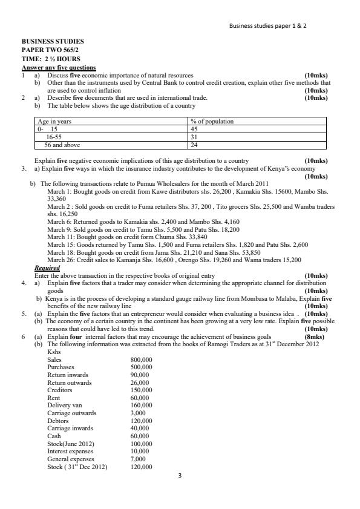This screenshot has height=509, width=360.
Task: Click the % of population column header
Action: [x=212, y=122]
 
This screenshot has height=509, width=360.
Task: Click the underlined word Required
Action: [x=47, y=268]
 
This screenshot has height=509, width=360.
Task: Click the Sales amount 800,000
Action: [x=142, y=360]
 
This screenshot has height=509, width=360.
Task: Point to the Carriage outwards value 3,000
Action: [x=139, y=413]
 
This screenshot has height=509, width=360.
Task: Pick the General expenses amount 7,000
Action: [x=139, y=459]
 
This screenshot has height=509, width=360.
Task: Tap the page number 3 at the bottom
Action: [x=180, y=476]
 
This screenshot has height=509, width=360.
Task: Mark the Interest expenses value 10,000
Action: [x=140, y=452]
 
